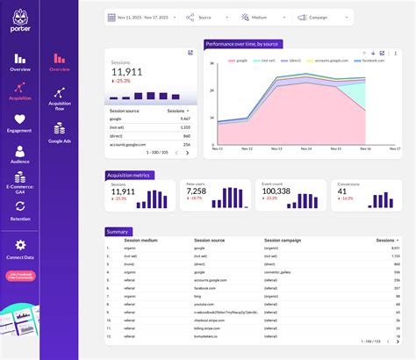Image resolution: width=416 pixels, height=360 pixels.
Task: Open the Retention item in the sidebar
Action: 19,210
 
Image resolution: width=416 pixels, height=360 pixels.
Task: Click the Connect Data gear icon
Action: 19,247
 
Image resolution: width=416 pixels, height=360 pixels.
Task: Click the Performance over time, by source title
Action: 243,43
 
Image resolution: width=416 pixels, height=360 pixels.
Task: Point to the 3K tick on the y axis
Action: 212,64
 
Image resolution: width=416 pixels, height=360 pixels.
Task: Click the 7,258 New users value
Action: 197,191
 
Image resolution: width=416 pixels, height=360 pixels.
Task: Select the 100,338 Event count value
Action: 276,191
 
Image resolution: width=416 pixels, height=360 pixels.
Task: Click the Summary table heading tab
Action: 118,231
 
